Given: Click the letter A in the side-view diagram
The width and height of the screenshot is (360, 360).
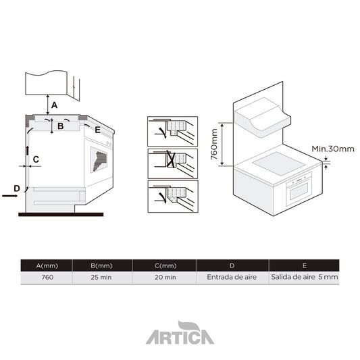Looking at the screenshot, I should (x=55, y=105).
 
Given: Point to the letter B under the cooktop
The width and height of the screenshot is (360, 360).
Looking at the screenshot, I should (x=60, y=126).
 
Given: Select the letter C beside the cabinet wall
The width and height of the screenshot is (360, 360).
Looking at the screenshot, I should (x=36, y=159).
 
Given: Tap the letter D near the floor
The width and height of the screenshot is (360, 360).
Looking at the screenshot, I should (x=16, y=187).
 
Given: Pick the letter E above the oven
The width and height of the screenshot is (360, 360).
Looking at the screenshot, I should (x=97, y=129).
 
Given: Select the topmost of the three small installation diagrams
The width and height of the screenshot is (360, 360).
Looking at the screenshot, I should (x=172, y=131).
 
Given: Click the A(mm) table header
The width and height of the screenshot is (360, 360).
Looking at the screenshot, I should (x=47, y=265).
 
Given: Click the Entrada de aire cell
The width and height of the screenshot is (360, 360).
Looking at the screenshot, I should (x=232, y=277).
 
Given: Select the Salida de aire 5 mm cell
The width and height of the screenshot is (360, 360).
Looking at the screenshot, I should (x=303, y=277).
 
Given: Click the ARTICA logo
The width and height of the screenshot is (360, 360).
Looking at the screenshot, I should (x=180, y=334).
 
